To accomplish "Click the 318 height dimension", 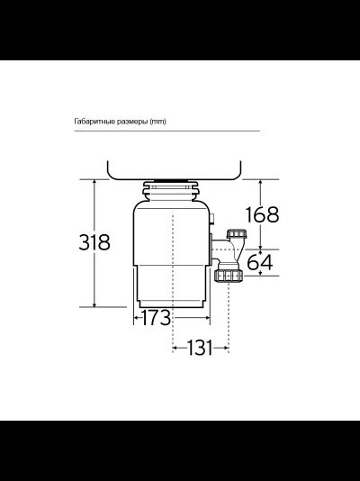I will [x=94, y=242].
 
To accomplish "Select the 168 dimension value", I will [x=261, y=214].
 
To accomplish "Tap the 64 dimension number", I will [x=259, y=262].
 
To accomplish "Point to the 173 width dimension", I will [x=154, y=317].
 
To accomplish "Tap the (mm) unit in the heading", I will [x=158, y=121].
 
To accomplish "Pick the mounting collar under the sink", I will [x=171, y=188].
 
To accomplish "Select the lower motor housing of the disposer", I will [x=173, y=286].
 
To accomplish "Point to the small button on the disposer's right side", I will [x=212, y=220].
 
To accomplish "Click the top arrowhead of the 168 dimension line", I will [x=261, y=180].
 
